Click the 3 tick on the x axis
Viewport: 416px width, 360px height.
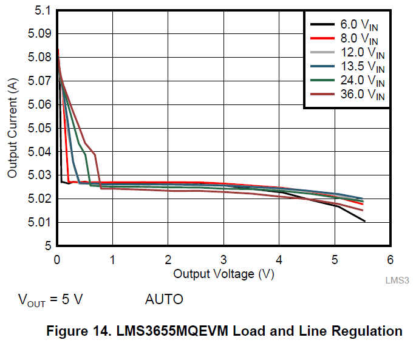223,260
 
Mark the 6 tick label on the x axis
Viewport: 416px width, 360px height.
390,260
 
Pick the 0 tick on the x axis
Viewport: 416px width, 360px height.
57,260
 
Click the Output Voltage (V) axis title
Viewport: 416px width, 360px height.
223,274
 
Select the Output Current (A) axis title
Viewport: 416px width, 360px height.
12,128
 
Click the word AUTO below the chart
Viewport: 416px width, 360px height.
164,299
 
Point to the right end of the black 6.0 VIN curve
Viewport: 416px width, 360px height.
364,221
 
